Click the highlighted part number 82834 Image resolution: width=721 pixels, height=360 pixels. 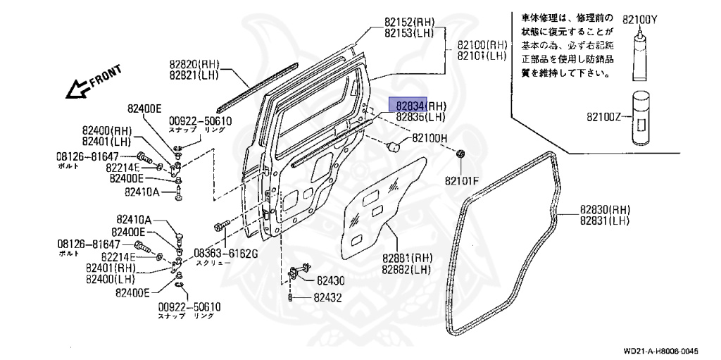pyautogui.click(x=409, y=106)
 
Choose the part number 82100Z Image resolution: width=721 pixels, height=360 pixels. pyautogui.click(x=603, y=116)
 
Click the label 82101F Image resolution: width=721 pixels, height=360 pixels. pyautogui.click(x=461, y=181)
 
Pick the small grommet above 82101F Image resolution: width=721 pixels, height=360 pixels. pyautogui.click(x=461, y=153)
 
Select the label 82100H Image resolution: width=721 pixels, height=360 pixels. pyautogui.click(x=430, y=138)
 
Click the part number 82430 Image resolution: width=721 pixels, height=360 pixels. pyautogui.click(x=330, y=280)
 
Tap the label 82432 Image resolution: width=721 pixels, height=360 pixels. pyautogui.click(x=328, y=298)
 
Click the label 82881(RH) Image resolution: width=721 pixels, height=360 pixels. pyautogui.click(x=408, y=258)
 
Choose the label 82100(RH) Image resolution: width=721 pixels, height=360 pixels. pyautogui.click(x=482, y=44)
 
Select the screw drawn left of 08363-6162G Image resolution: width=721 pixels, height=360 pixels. pyautogui.click(x=219, y=227)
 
